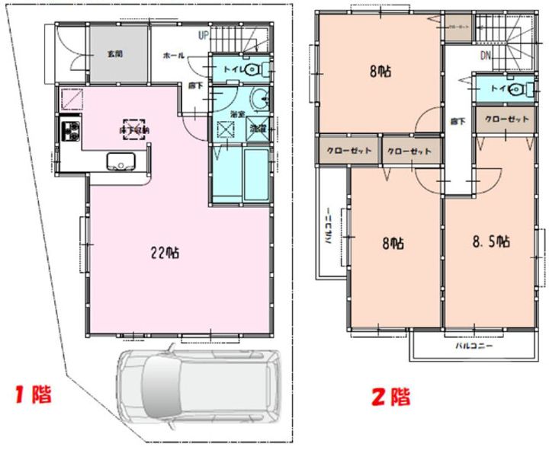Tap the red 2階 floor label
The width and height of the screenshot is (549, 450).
pyautogui.click(x=390, y=396)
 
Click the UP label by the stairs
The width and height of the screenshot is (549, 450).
pyautogui.click(x=204, y=35)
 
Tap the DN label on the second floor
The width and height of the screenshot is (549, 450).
pyautogui.click(x=486, y=56)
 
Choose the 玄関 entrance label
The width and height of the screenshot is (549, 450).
pyautogui.click(x=115, y=54)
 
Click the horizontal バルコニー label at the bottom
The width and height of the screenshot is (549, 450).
pyautogui.click(x=474, y=346)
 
